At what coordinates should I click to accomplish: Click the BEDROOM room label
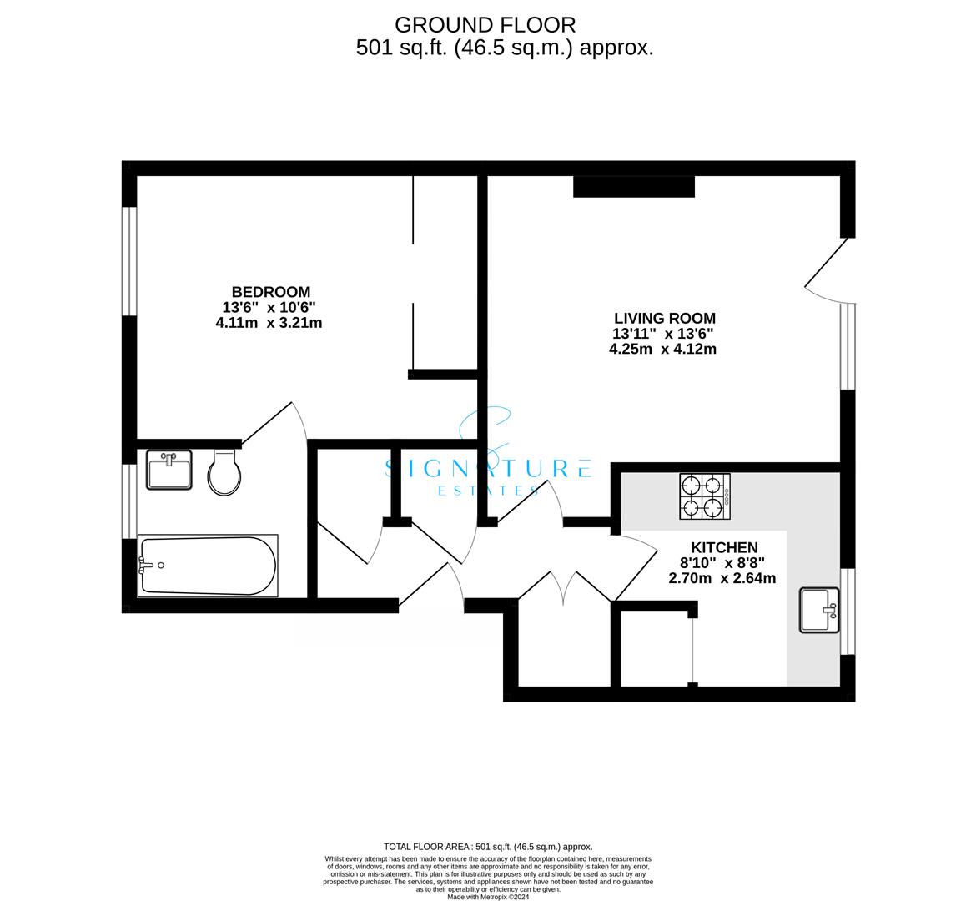point(271,292)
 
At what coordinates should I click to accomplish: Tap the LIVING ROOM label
point(665,318)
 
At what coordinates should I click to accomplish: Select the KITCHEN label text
point(725,547)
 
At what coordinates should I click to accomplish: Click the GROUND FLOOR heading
point(485,25)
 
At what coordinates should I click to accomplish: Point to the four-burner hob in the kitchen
point(705,496)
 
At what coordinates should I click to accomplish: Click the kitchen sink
point(819,610)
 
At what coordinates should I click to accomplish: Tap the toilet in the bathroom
point(224,472)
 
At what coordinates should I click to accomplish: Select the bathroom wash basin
point(169,471)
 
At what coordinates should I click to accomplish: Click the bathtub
point(208,566)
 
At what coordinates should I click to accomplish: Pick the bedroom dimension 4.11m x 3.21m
point(269,323)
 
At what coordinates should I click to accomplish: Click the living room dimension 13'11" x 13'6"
point(663,334)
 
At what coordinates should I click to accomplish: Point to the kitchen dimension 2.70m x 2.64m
point(722,578)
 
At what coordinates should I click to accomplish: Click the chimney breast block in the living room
point(634,187)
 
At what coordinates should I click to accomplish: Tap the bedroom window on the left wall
point(128,261)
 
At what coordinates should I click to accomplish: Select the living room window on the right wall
point(848,346)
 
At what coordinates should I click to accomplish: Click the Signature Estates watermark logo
point(489,461)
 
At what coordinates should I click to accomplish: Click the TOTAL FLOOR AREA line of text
point(488,847)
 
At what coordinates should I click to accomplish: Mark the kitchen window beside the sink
point(848,612)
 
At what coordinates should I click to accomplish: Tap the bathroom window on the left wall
point(128,501)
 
